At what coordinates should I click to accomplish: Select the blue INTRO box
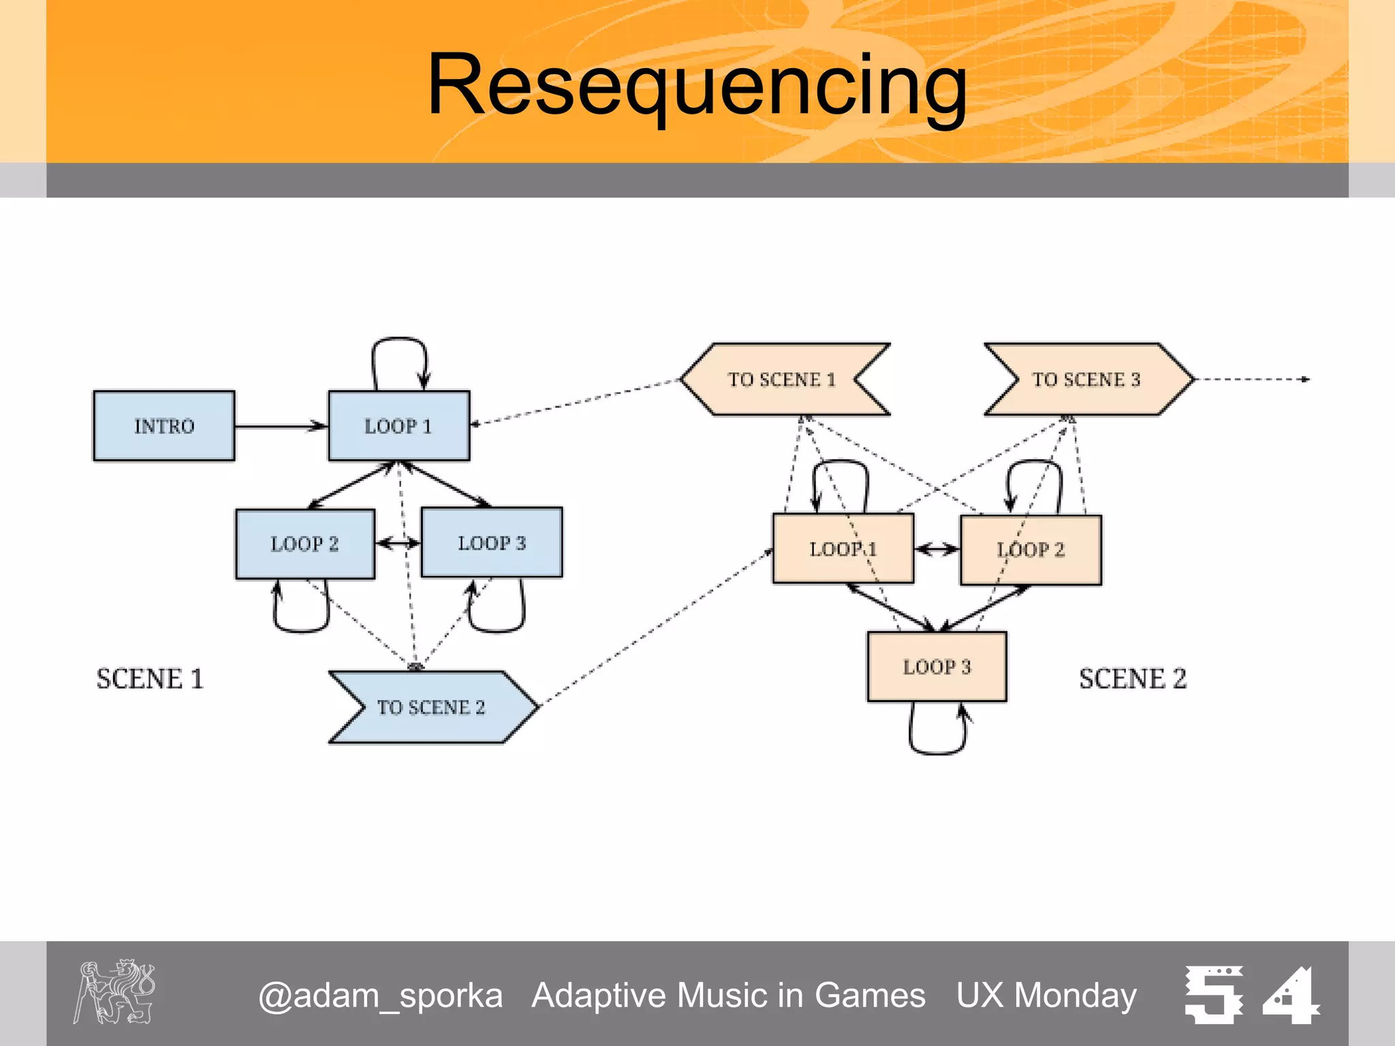164,426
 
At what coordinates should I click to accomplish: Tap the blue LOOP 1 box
399,426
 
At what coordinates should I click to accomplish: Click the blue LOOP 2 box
305,544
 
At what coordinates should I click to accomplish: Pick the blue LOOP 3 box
492,543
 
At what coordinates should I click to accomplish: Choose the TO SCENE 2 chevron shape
432,708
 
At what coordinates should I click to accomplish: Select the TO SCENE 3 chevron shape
1087,379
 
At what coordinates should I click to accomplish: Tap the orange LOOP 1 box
843,549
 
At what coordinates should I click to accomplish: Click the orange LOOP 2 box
1031,550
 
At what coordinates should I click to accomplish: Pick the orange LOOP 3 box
937,667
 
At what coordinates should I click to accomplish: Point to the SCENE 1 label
150,679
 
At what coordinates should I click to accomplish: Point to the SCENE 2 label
1133,679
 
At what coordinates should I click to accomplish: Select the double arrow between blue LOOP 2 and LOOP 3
398,543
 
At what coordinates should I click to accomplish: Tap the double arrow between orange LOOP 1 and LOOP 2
937,549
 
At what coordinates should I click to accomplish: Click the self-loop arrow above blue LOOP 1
399,338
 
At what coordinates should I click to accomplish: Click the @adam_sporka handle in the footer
380,996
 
